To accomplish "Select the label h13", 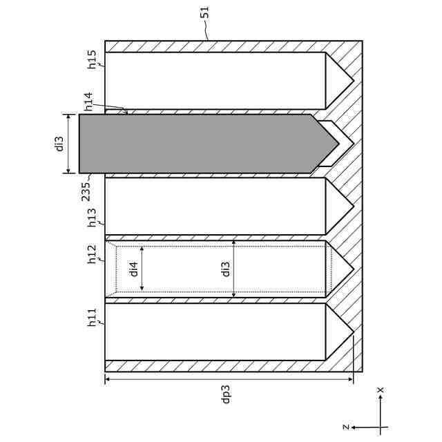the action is [x=92, y=218].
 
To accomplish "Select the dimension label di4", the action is [x=133, y=269].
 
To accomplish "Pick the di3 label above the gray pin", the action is [x=59, y=144].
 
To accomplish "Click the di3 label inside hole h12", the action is [x=225, y=269].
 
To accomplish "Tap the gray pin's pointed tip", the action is [x=338, y=144].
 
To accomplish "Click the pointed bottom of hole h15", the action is [x=352, y=81].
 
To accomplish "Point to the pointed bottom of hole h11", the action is [x=352, y=332].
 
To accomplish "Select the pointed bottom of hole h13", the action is [x=352, y=206].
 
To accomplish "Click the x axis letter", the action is [x=381, y=391].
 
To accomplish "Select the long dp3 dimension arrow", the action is [x=228, y=379].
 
